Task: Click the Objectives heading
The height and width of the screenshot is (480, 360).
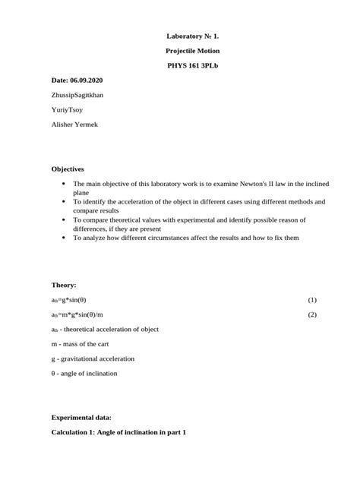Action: click(68, 168)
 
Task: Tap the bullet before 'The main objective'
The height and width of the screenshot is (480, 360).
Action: click(62, 185)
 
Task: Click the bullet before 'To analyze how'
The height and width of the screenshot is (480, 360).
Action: click(62, 238)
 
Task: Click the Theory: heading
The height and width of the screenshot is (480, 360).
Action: click(64, 285)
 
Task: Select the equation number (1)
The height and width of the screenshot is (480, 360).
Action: click(311, 300)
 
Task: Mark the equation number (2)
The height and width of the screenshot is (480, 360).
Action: click(311, 314)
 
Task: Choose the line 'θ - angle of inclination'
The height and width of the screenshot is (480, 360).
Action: click(84, 373)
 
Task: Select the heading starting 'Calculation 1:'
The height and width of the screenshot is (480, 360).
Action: click(118, 431)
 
